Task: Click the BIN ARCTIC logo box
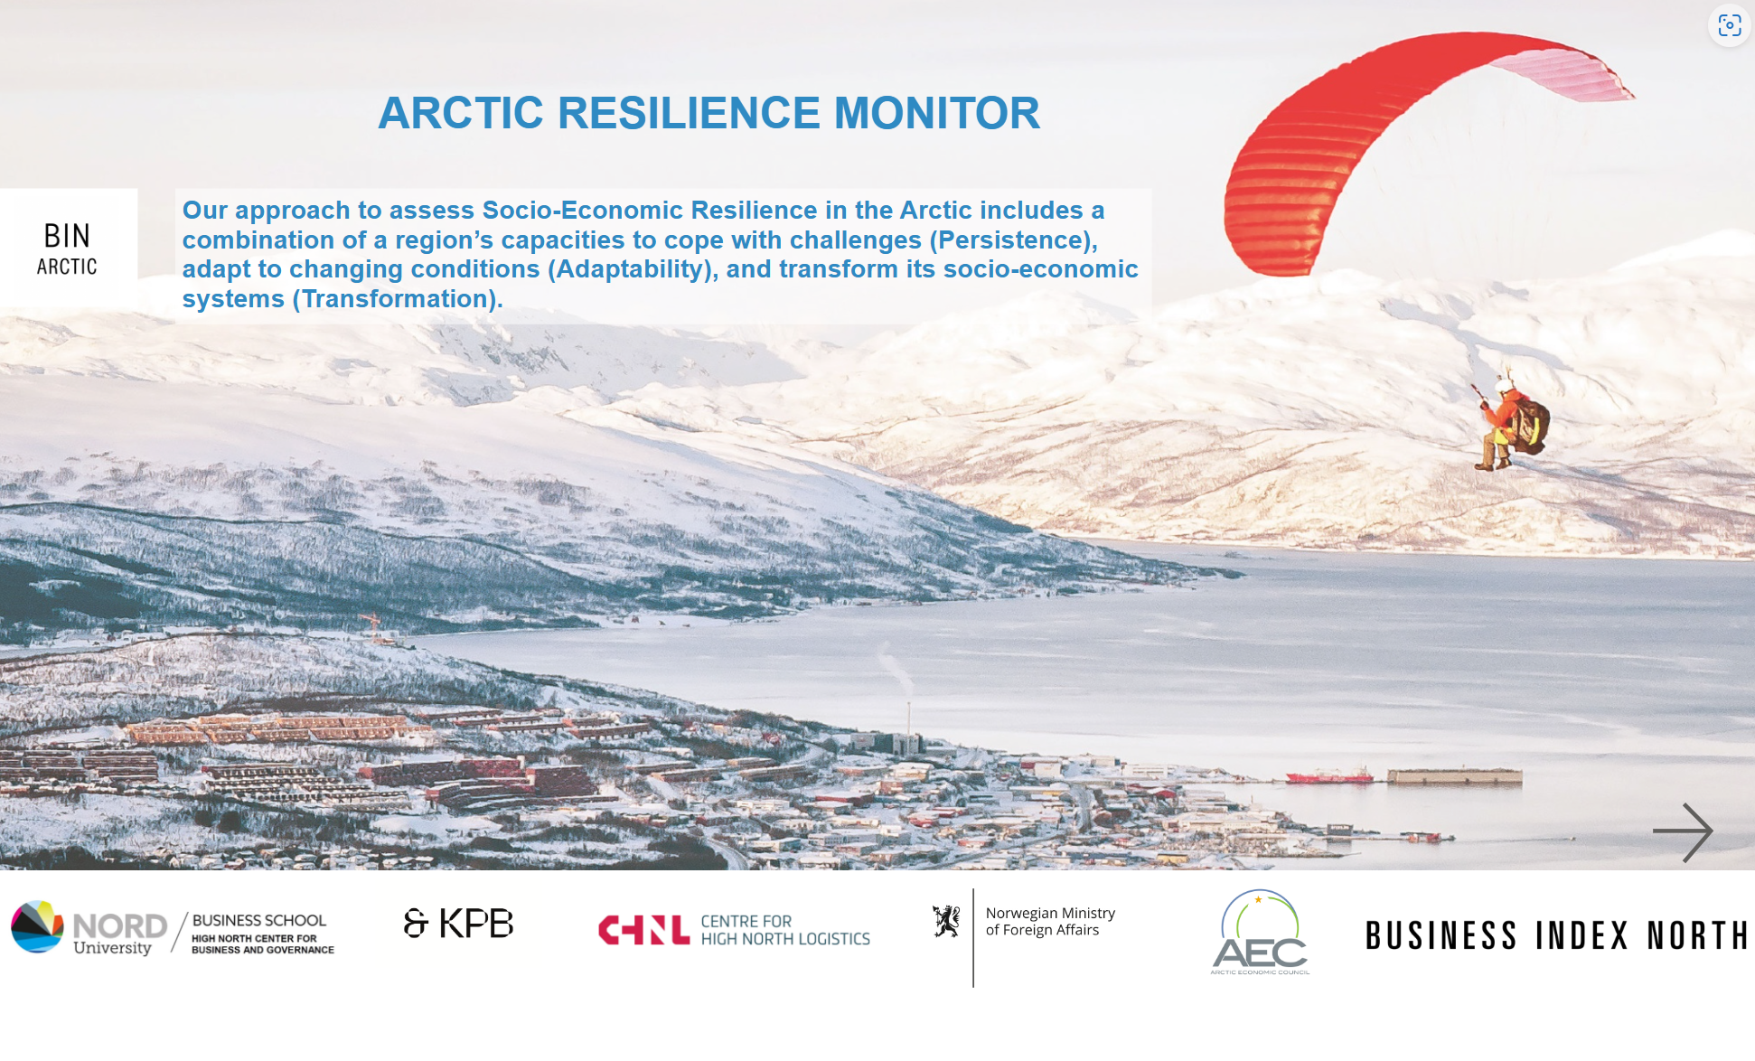[69, 248]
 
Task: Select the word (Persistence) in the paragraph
[1013, 239]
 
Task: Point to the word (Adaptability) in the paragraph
[633, 269]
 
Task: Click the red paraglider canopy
[1410, 136]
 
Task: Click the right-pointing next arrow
[1683, 831]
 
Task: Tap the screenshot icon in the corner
[1730, 25]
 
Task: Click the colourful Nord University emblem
[37, 926]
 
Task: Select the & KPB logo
[458, 924]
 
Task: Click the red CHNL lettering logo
[643, 930]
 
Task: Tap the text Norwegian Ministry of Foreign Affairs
[1050, 922]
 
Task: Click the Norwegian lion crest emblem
[946, 921]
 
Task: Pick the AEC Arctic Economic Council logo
[1260, 933]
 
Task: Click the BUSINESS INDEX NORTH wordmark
[1556, 936]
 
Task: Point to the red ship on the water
[1329, 776]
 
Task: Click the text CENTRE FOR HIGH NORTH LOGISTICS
[785, 930]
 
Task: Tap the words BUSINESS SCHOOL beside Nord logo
[258, 920]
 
